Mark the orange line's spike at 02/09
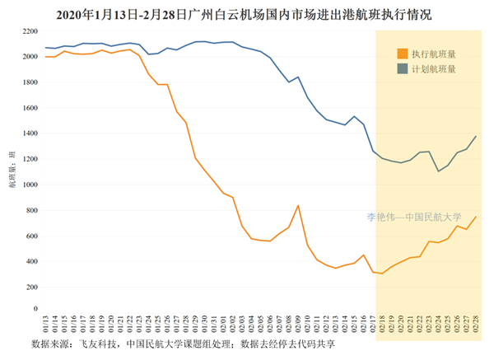[x=298, y=205]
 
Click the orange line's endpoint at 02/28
[x=476, y=217]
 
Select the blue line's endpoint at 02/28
[x=476, y=136]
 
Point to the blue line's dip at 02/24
[x=438, y=171]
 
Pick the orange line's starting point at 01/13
[x=45, y=57]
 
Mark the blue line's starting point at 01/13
[x=45, y=48]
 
